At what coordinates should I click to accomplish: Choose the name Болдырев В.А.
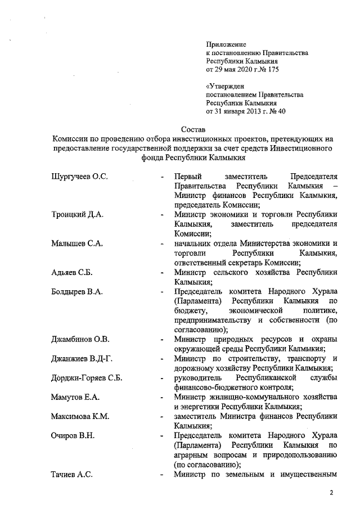pos(75,291)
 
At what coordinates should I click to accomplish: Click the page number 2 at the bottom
pos(332,493)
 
